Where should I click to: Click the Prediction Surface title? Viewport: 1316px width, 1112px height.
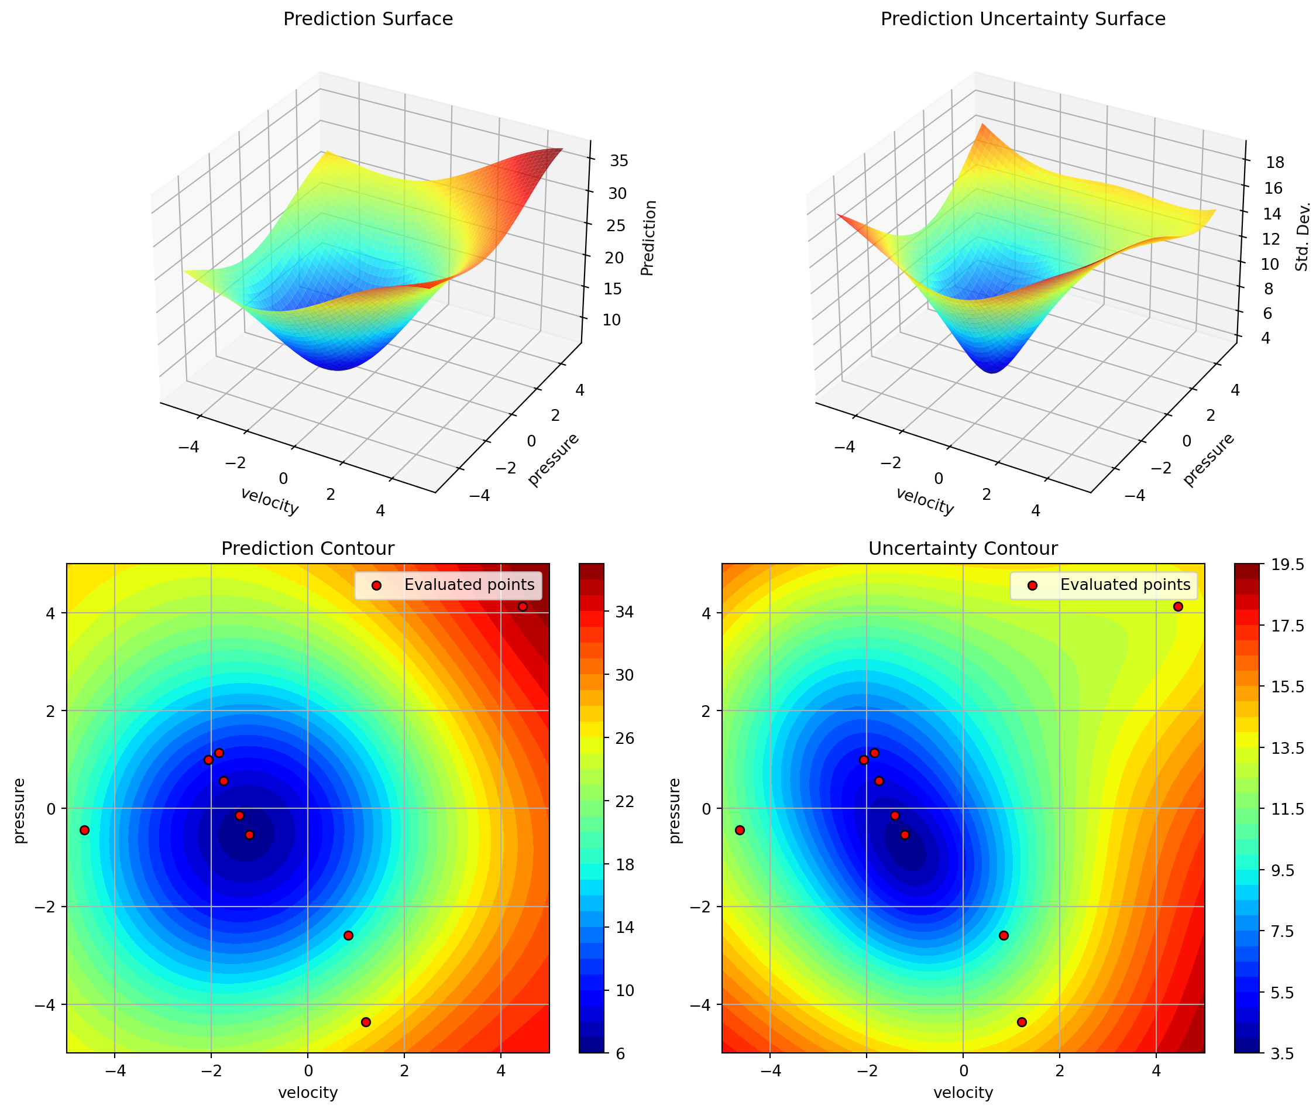coord(368,19)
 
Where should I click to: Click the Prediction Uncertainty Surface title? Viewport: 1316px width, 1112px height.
coord(1022,19)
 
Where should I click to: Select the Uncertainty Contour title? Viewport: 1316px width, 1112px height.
coord(963,548)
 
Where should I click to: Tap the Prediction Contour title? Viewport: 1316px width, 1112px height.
coord(308,548)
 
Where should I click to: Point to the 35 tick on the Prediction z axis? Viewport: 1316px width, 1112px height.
coord(619,161)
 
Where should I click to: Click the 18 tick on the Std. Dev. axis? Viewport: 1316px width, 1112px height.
coord(1274,163)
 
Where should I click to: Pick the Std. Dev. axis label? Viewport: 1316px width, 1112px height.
coord(1302,237)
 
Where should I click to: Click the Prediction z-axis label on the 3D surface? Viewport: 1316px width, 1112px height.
coord(648,238)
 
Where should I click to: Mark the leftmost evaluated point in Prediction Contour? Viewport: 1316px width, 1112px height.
coord(84,830)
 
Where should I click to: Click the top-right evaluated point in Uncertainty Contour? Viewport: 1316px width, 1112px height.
coord(1177,606)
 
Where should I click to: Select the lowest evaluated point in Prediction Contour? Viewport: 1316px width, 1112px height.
coord(366,1022)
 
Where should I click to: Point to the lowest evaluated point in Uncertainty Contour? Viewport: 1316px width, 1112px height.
coord(1022,1022)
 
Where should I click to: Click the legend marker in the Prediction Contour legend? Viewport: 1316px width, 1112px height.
coord(376,586)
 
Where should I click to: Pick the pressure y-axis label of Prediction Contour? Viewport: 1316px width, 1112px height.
coord(20,811)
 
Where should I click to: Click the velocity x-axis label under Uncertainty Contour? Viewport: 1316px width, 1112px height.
coord(963,1093)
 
